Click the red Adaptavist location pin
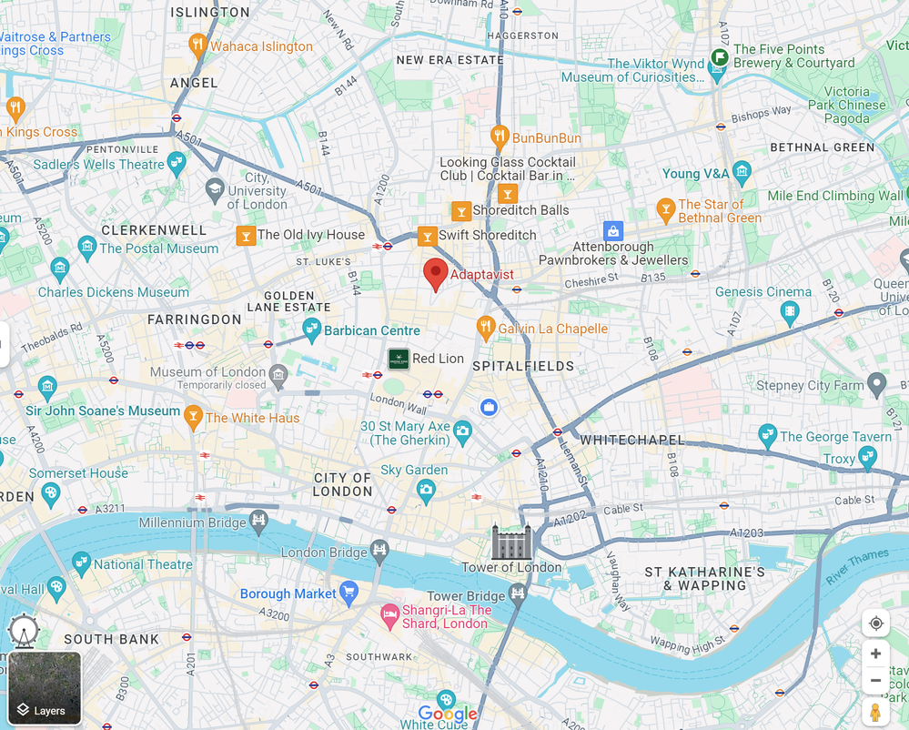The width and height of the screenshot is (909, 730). [x=435, y=272]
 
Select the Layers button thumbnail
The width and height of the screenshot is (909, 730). [x=45, y=688]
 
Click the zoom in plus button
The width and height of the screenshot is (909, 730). [x=875, y=654]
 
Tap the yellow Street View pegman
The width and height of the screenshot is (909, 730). [x=875, y=711]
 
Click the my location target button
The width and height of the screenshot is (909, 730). [x=875, y=624]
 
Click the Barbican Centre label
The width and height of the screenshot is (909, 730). [x=372, y=330]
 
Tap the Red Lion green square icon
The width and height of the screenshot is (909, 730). [x=399, y=359]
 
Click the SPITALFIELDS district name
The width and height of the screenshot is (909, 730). [x=523, y=366]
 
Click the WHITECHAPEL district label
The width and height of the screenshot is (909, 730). [x=631, y=440]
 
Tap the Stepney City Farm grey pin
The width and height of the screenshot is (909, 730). [x=876, y=384]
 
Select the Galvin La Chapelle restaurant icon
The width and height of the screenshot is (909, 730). [x=486, y=328]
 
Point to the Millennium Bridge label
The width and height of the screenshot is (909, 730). [x=192, y=522]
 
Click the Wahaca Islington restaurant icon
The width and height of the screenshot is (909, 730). [x=197, y=46]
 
